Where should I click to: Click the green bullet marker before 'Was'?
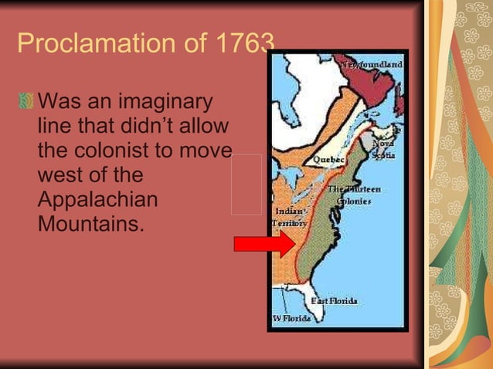[26, 102]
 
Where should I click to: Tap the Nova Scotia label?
[383, 149]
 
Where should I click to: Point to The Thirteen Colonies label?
[353, 195]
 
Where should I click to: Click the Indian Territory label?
[289, 216]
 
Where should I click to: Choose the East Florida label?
[334, 300]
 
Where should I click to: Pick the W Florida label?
[291, 319]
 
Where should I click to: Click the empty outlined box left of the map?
[246, 184]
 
